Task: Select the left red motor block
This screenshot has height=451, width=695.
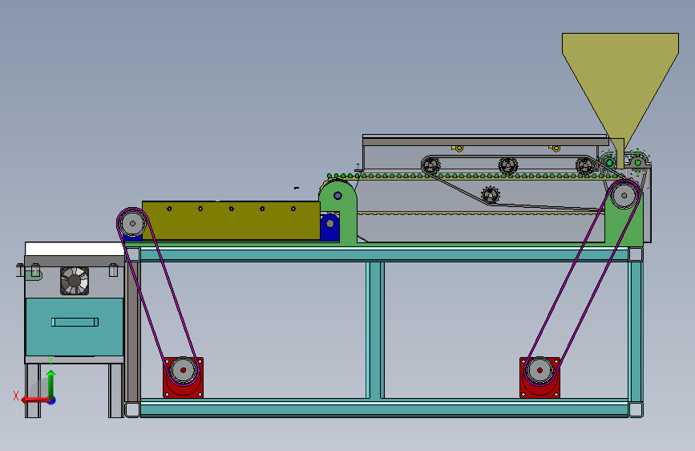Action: point(183,377)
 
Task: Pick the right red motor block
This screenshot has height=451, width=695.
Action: point(539,377)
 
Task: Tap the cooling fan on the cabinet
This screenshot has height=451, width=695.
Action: point(75,281)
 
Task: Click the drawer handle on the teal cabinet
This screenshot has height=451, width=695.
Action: point(75,322)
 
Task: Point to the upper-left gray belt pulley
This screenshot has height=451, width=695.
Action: point(132,223)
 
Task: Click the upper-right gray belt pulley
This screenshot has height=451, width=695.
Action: point(624,195)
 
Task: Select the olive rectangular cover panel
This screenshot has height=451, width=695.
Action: point(231,221)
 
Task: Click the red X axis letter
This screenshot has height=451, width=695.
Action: point(16,396)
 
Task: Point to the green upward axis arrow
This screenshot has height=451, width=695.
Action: point(51,383)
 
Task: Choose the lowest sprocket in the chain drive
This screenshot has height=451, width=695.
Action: point(491,194)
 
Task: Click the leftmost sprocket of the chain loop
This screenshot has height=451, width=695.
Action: point(430,165)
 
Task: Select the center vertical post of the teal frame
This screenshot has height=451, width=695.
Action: point(375,330)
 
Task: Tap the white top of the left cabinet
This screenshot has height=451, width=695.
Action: point(75,249)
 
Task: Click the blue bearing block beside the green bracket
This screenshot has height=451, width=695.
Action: point(329,227)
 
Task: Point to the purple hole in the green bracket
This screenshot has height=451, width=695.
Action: point(337,195)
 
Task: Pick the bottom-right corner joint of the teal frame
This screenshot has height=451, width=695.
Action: point(636,409)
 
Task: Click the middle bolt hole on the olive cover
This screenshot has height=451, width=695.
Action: point(232,209)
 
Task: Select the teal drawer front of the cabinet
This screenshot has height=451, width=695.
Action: point(75,327)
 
